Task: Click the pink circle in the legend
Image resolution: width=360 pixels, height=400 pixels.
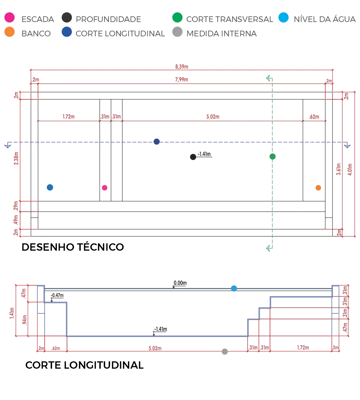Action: pos(9,18)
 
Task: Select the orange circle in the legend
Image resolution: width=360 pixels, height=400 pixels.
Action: pos(9,32)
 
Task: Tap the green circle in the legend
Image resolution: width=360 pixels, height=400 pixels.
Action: pos(177,18)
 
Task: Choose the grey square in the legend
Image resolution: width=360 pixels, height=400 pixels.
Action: pos(177,32)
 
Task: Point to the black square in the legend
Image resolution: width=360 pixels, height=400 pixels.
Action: pos(67,18)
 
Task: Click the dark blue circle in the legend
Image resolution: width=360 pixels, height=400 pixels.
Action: pos(67,32)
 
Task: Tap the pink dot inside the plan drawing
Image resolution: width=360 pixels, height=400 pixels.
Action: pos(105,188)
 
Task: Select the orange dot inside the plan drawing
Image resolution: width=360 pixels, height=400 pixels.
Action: pos(318,188)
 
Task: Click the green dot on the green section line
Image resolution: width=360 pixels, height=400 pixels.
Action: pos(273,156)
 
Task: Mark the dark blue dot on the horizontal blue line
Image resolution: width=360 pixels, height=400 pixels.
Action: pos(157,142)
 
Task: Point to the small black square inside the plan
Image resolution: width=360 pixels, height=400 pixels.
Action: pos(193,156)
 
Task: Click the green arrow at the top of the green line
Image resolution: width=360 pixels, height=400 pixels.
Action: pos(269,79)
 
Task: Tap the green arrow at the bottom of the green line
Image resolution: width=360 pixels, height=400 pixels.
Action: pos(269,248)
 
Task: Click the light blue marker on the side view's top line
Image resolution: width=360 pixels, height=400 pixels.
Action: pos(234,289)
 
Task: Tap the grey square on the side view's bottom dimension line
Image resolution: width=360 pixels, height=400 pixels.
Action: pos(225,350)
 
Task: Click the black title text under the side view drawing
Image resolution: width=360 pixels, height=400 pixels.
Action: pos(84,365)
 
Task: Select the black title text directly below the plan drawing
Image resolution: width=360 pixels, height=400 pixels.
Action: pos(73,247)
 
